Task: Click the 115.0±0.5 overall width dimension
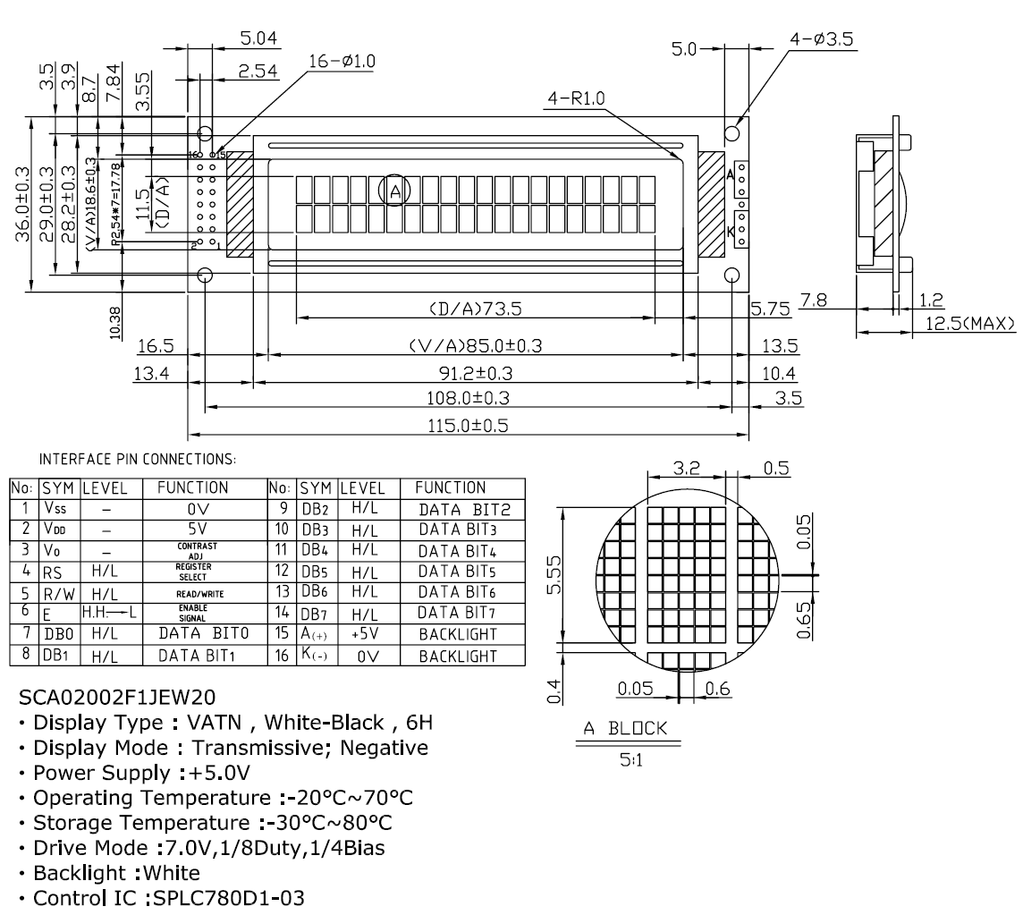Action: (467, 426)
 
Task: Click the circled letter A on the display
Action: (394, 190)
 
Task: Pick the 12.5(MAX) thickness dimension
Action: (970, 323)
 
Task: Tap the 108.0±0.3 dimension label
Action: (467, 397)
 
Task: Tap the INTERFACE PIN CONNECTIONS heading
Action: (137, 460)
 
